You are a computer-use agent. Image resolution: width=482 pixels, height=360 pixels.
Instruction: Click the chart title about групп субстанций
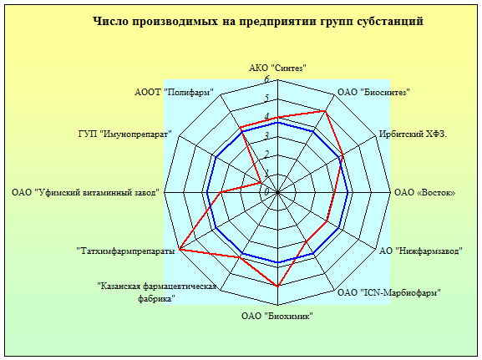tap(258, 22)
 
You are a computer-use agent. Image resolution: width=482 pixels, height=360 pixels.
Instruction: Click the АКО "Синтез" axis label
tap(277, 68)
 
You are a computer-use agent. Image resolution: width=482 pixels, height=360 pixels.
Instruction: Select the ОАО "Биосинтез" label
tap(373, 92)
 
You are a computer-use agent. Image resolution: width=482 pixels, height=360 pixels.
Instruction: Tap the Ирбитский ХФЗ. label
tap(413, 134)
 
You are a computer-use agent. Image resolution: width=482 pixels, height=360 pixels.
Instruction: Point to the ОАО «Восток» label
tap(424, 192)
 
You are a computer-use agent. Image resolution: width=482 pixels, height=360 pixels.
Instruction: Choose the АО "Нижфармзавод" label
tap(420, 251)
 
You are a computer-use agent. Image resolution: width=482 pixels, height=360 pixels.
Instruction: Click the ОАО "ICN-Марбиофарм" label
tap(389, 292)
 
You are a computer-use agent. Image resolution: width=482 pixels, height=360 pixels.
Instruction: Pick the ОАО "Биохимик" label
tap(277, 316)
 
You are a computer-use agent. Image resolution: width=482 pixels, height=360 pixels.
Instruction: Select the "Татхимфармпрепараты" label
tap(125, 251)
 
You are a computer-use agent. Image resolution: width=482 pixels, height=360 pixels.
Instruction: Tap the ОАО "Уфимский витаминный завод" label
tap(85, 192)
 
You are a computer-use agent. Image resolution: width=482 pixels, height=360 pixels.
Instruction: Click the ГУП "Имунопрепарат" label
tap(124, 134)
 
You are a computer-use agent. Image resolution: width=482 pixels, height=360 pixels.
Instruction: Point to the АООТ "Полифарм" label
tap(174, 92)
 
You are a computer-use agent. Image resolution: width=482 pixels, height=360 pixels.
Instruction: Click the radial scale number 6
tap(266, 79)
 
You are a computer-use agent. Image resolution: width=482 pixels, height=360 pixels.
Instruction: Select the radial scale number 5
tap(266, 98)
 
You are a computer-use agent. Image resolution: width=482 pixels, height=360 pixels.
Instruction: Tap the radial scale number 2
tap(266, 155)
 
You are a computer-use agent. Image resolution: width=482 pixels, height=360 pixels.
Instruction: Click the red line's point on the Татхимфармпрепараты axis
tap(180, 249)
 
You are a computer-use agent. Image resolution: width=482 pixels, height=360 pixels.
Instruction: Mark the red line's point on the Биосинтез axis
tap(325, 111)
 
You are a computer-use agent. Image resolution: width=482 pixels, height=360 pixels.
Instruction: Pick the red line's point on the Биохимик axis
tap(278, 286)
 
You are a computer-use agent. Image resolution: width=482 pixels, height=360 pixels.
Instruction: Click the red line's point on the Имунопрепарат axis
tap(261, 183)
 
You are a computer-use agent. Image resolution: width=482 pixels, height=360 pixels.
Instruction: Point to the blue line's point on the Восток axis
tap(348, 192)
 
